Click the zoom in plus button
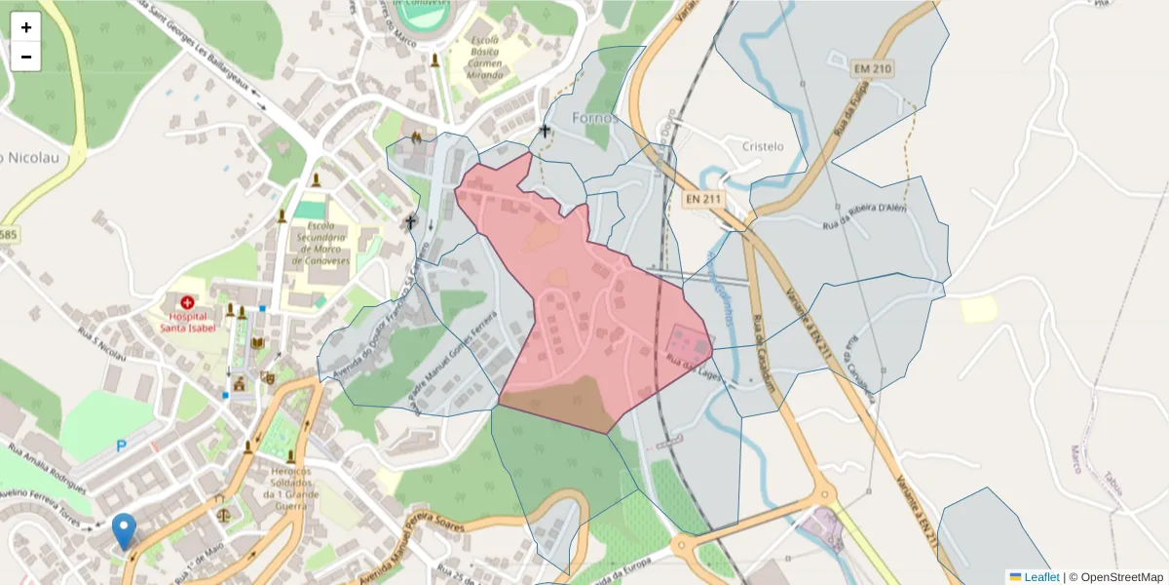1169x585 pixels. (x=26, y=27)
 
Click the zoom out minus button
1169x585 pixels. (x=26, y=57)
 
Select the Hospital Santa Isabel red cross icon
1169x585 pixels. (x=186, y=302)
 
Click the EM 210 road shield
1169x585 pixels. (x=871, y=69)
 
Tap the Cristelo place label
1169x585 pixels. (x=763, y=146)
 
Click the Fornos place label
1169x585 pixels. (x=595, y=118)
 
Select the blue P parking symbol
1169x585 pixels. (x=122, y=446)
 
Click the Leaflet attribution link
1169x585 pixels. (x=1040, y=577)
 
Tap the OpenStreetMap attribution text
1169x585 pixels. (x=1121, y=577)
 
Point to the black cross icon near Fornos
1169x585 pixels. (x=545, y=131)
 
